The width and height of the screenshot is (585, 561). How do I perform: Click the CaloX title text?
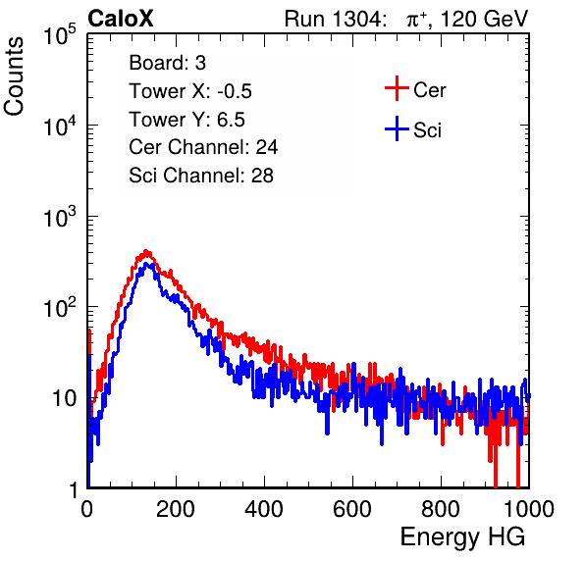[x=121, y=19]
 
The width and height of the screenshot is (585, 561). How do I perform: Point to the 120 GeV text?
[x=485, y=19]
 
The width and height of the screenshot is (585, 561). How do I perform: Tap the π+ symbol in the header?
[x=417, y=19]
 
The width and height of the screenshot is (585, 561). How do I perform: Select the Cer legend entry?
[x=415, y=88]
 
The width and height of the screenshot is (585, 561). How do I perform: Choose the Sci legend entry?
[x=413, y=129]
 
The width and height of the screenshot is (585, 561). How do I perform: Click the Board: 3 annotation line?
[x=167, y=63]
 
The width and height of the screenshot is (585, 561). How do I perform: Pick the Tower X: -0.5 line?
[x=190, y=91]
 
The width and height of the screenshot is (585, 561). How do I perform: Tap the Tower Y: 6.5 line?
[x=186, y=120]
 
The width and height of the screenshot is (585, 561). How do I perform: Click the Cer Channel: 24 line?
[x=203, y=147]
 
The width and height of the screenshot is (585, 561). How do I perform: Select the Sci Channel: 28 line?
[x=201, y=176]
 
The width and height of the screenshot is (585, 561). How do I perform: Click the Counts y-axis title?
[x=14, y=76]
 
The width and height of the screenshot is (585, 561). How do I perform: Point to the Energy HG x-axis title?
[x=462, y=537]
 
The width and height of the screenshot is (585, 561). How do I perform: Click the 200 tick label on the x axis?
[x=176, y=509]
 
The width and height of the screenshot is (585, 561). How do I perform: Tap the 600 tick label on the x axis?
[x=352, y=509]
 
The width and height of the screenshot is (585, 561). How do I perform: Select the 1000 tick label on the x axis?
[x=529, y=509]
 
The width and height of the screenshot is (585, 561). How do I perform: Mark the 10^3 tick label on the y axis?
[x=60, y=217]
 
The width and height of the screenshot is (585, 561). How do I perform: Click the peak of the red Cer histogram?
[x=146, y=251]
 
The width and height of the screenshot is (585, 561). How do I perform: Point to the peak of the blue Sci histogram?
[x=146, y=264]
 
